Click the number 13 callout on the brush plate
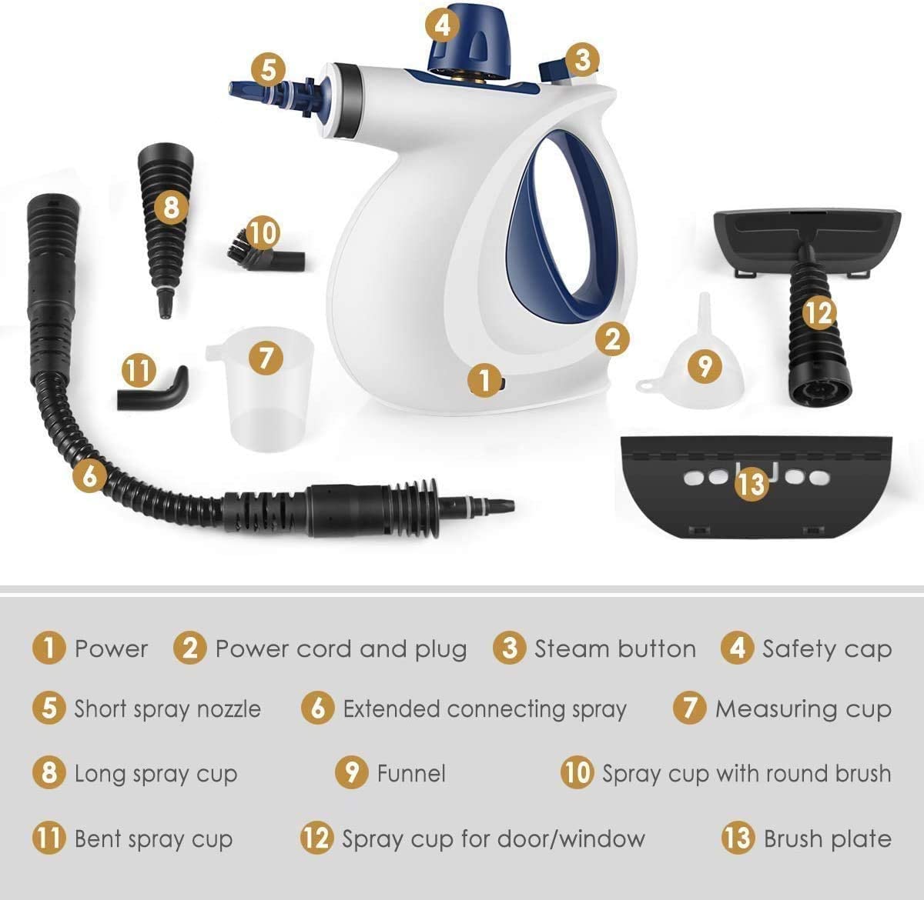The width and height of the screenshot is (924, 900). coord(752,482)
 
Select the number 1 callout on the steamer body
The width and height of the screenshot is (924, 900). coord(484,379)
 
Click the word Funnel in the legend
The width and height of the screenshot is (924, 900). coord(411,773)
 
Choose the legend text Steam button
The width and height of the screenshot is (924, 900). coord(614,648)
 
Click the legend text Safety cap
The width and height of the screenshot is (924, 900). coord(826,648)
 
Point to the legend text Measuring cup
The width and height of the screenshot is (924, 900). coord(803,708)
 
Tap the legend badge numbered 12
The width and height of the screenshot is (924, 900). coord(316,838)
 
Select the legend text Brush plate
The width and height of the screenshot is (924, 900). coord(827,838)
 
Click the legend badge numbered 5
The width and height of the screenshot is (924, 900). coord(49,708)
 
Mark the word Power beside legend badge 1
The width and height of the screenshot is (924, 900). coord(111,648)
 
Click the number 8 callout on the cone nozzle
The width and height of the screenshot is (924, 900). coord(171,206)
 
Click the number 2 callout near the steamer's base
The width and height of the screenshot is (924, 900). coord(612,338)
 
